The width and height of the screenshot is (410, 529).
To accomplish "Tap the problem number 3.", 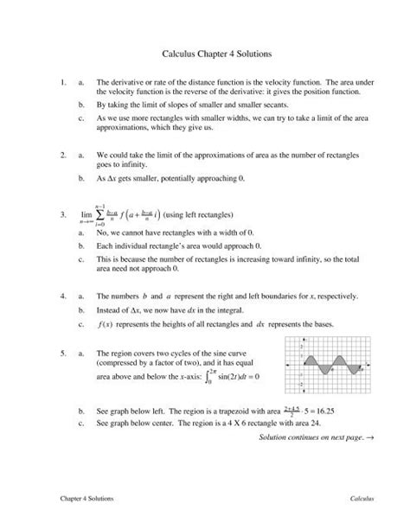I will [54, 214].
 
